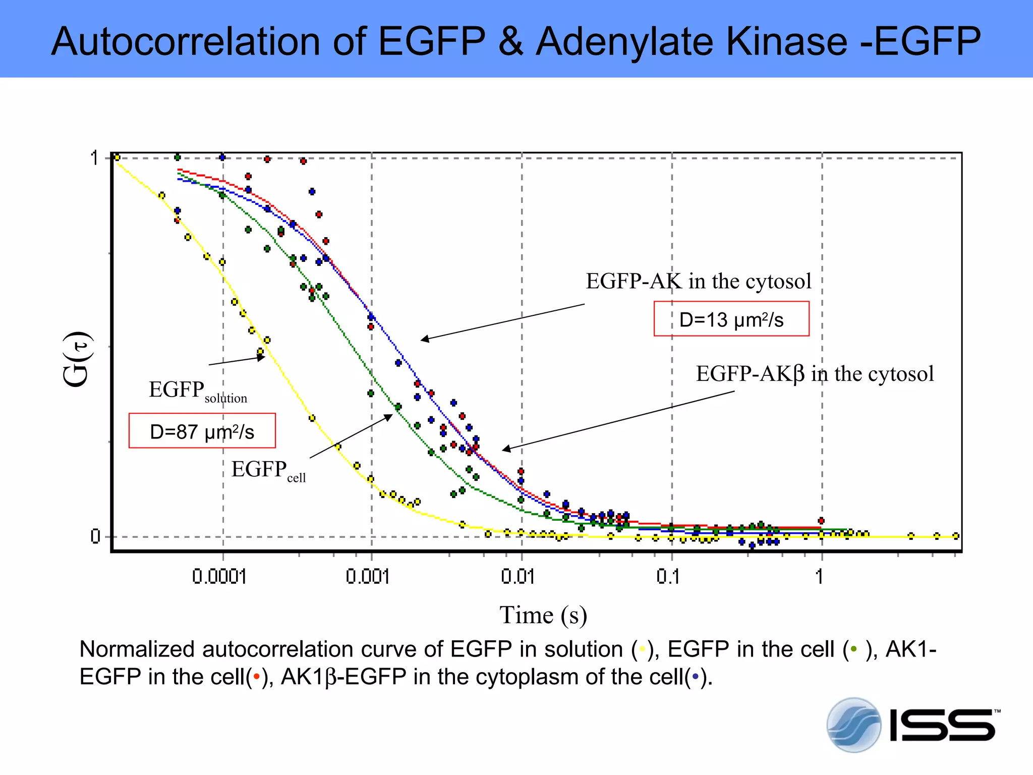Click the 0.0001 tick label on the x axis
(219, 576)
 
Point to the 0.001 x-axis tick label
(368, 576)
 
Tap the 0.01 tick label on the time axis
(518, 576)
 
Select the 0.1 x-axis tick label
(668, 576)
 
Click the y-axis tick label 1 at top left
(94, 158)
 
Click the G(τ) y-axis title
(77, 359)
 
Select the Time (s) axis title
(543, 615)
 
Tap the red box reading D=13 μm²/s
(731, 319)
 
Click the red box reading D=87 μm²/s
(202, 431)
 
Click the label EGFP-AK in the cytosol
(699, 282)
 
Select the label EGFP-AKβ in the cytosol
(815, 374)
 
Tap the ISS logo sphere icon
(853, 725)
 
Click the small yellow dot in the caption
(642, 649)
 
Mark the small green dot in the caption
(853, 649)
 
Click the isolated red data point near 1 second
(821, 521)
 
